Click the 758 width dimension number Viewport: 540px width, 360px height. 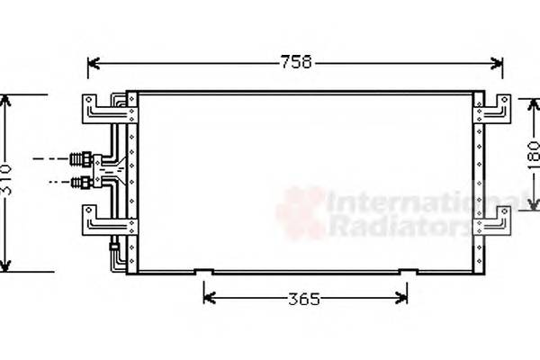(x=296, y=62)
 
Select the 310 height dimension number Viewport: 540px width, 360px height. (x=7, y=183)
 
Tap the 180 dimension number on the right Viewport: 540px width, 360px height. (x=533, y=158)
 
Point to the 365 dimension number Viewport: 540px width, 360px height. (x=304, y=299)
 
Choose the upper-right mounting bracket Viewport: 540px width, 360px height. (x=494, y=109)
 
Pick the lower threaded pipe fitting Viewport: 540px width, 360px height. (x=81, y=183)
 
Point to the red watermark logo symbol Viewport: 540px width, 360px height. (x=301, y=213)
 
